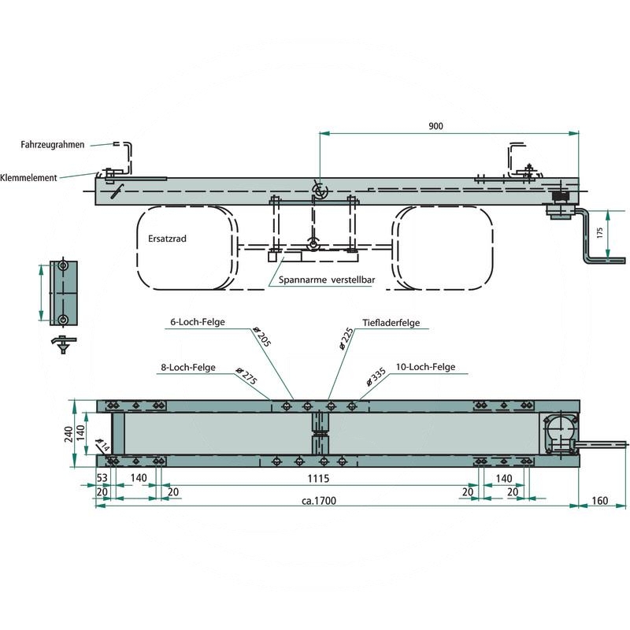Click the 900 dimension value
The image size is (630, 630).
coord(435,126)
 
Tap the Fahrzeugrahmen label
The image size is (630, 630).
coord(53,145)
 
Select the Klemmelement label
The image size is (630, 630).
coord(28,178)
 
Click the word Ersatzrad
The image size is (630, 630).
coord(167,239)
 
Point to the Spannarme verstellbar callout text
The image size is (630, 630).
coord(327,280)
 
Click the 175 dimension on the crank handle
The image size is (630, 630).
coord(600,232)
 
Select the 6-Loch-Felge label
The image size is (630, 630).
coord(198,322)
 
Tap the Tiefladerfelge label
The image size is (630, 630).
coord(391,323)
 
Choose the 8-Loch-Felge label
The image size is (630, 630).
coord(188,367)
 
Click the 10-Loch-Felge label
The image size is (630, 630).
coord(425,367)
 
